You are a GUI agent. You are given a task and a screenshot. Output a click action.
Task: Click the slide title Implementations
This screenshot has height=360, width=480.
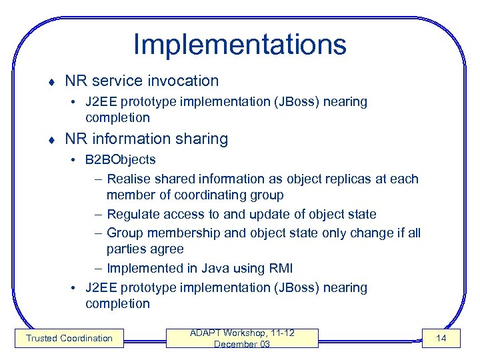tap(239, 45)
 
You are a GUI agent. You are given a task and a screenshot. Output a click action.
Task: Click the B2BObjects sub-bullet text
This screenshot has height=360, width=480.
tap(120, 160)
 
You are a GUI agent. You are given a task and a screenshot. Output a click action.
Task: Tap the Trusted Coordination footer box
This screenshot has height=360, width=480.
tap(69, 338)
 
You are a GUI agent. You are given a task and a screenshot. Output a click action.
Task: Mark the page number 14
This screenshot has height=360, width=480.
tap(441, 338)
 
